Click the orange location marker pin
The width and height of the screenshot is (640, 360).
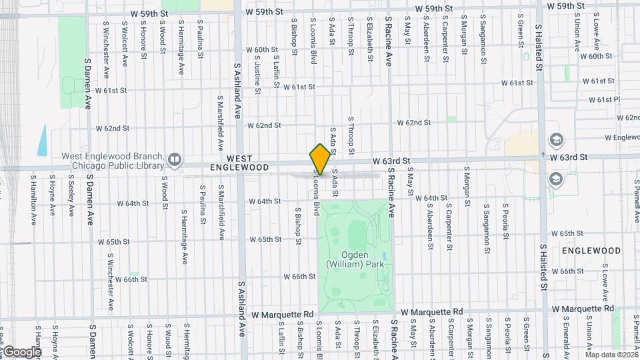point(320,159)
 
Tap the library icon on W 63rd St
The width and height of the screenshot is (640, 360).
point(175,159)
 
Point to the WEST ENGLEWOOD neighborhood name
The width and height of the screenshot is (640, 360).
point(239,163)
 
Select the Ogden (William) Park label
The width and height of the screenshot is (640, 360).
point(355,260)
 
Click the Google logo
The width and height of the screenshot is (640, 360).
point(21,351)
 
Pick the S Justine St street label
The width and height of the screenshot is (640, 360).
point(257,67)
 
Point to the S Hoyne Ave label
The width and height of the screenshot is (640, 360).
point(52,196)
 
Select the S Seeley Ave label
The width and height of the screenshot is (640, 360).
point(71,196)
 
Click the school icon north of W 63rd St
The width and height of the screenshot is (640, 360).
point(555,139)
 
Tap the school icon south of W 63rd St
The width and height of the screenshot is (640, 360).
point(555,178)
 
